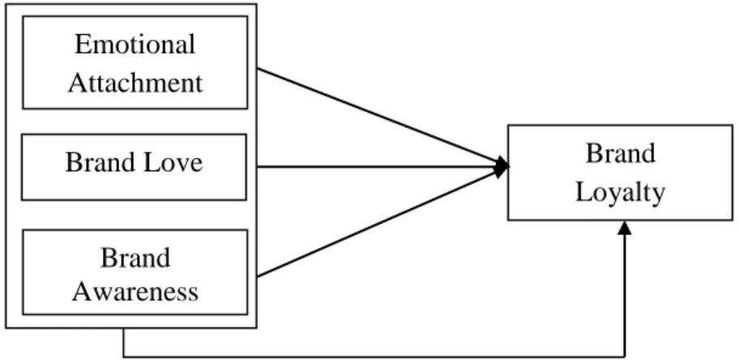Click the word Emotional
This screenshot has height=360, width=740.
click(135, 45)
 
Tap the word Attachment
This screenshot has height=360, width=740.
click(135, 83)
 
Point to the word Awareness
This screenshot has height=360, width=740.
click(135, 291)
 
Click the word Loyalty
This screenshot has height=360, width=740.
click(620, 193)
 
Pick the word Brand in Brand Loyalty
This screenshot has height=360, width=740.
click(620, 153)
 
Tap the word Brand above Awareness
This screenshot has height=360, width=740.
click(135, 258)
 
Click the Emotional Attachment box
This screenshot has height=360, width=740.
click(135, 62)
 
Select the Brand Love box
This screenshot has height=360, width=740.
click(134, 167)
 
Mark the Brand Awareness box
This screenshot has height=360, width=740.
click(135, 272)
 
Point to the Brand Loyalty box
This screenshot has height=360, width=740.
click(620, 173)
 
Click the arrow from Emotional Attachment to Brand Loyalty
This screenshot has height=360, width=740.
click(383, 117)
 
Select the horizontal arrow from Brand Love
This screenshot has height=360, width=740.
click(383, 166)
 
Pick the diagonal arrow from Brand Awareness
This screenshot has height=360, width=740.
click(383, 221)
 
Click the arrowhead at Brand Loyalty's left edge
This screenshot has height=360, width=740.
click(502, 166)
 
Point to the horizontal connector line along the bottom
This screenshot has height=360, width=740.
click(374, 356)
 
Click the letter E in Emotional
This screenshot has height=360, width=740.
click(82, 45)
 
